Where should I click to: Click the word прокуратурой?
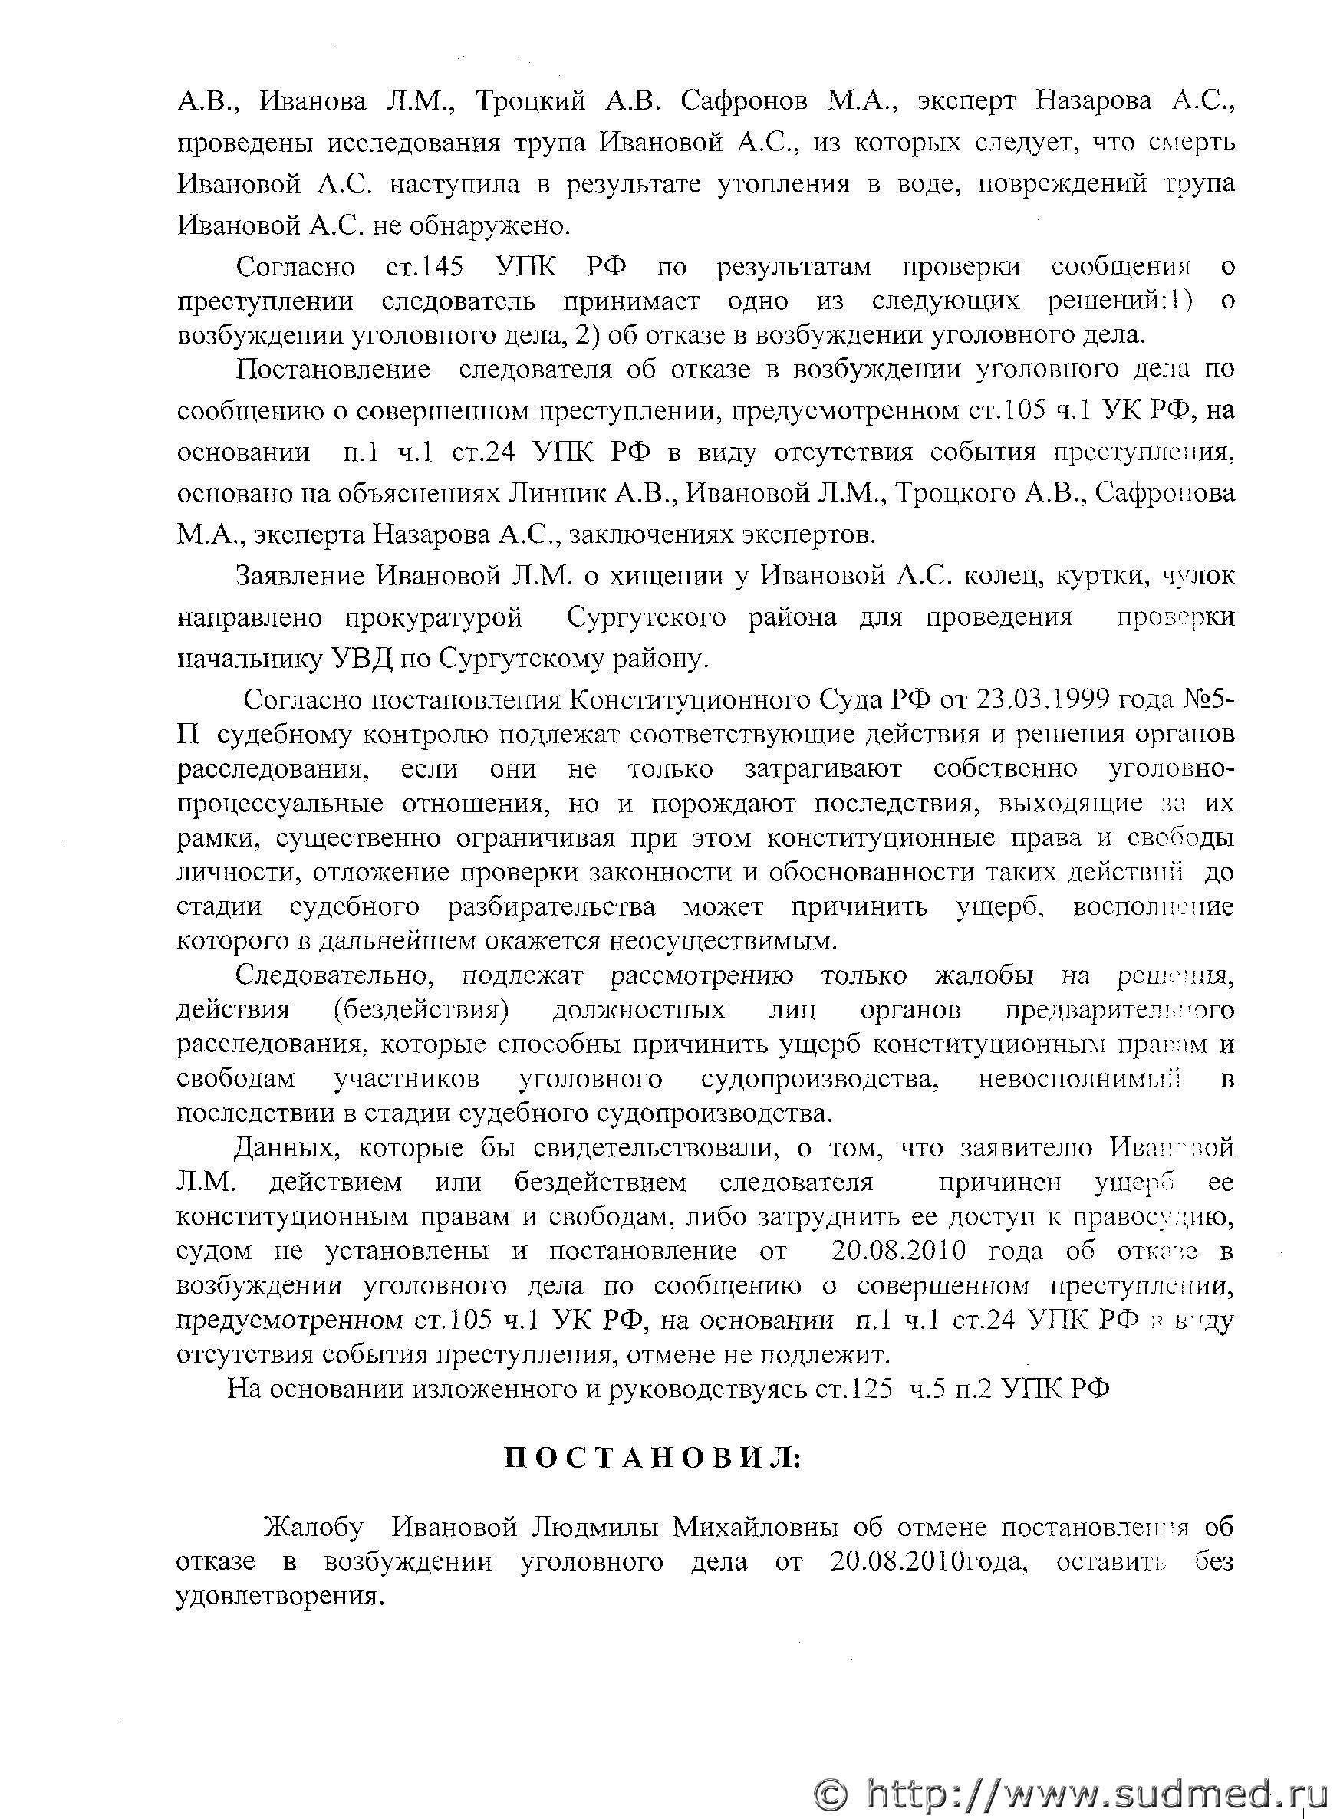(x=433, y=618)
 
